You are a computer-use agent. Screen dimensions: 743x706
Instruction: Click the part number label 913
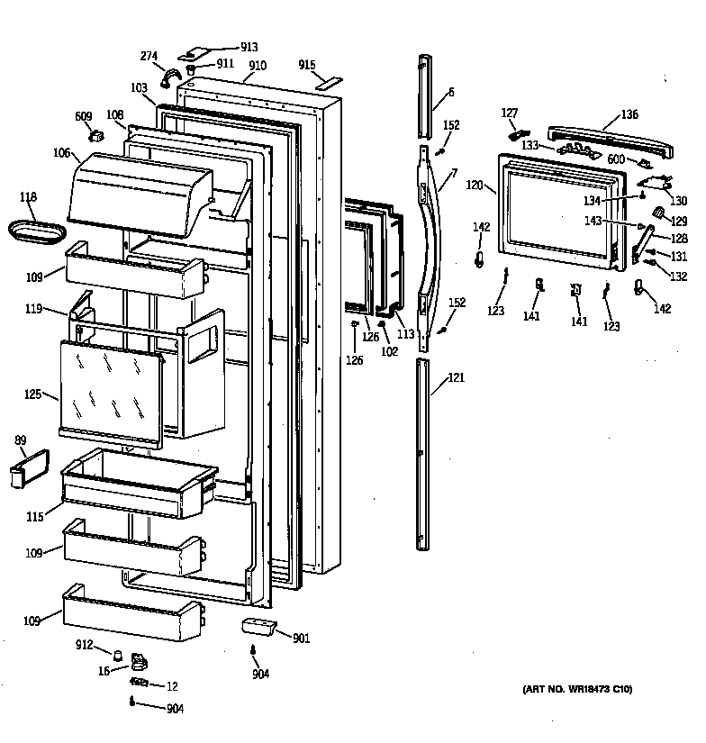249,47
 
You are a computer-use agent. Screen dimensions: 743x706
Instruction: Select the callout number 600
616,159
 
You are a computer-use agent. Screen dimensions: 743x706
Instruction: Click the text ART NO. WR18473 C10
576,690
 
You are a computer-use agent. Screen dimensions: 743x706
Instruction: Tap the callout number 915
307,65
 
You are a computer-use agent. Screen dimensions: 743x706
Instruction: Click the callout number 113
407,334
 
